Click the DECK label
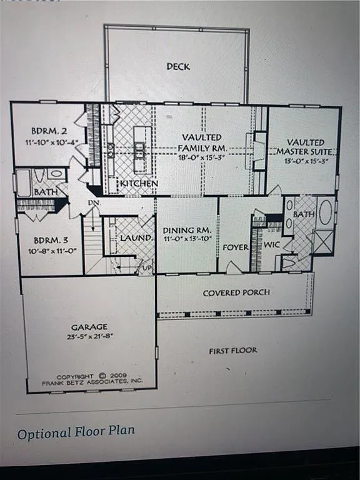click(x=178, y=66)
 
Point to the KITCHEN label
click(x=139, y=184)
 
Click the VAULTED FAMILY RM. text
click(x=202, y=142)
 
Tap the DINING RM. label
click(x=186, y=230)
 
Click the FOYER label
click(x=236, y=247)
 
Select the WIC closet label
click(x=271, y=246)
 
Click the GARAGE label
click(x=89, y=326)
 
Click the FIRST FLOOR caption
click(x=232, y=351)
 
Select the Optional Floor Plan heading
click(x=76, y=432)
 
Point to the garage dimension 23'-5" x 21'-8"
click(x=89, y=336)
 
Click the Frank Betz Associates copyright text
click(x=92, y=377)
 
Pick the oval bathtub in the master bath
click(x=325, y=212)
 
